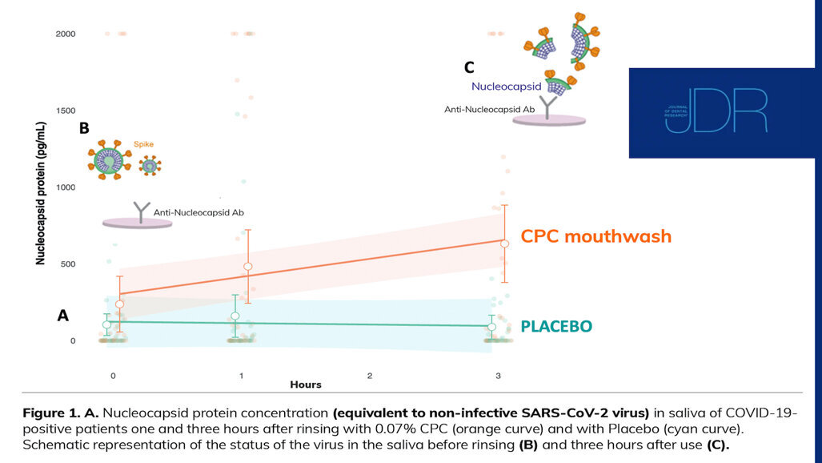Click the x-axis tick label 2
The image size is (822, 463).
click(x=370, y=375)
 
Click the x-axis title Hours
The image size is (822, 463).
click(x=305, y=385)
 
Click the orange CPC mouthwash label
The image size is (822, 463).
click(x=595, y=236)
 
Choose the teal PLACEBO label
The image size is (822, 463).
click(x=556, y=327)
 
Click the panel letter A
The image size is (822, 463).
click(x=63, y=316)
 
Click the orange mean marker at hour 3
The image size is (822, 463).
click(x=504, y=244)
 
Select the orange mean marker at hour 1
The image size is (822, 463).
click(x=248, y=266)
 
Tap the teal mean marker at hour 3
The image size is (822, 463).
click(x=492, y=327)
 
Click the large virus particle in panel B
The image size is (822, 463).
click(x=109, y=159)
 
